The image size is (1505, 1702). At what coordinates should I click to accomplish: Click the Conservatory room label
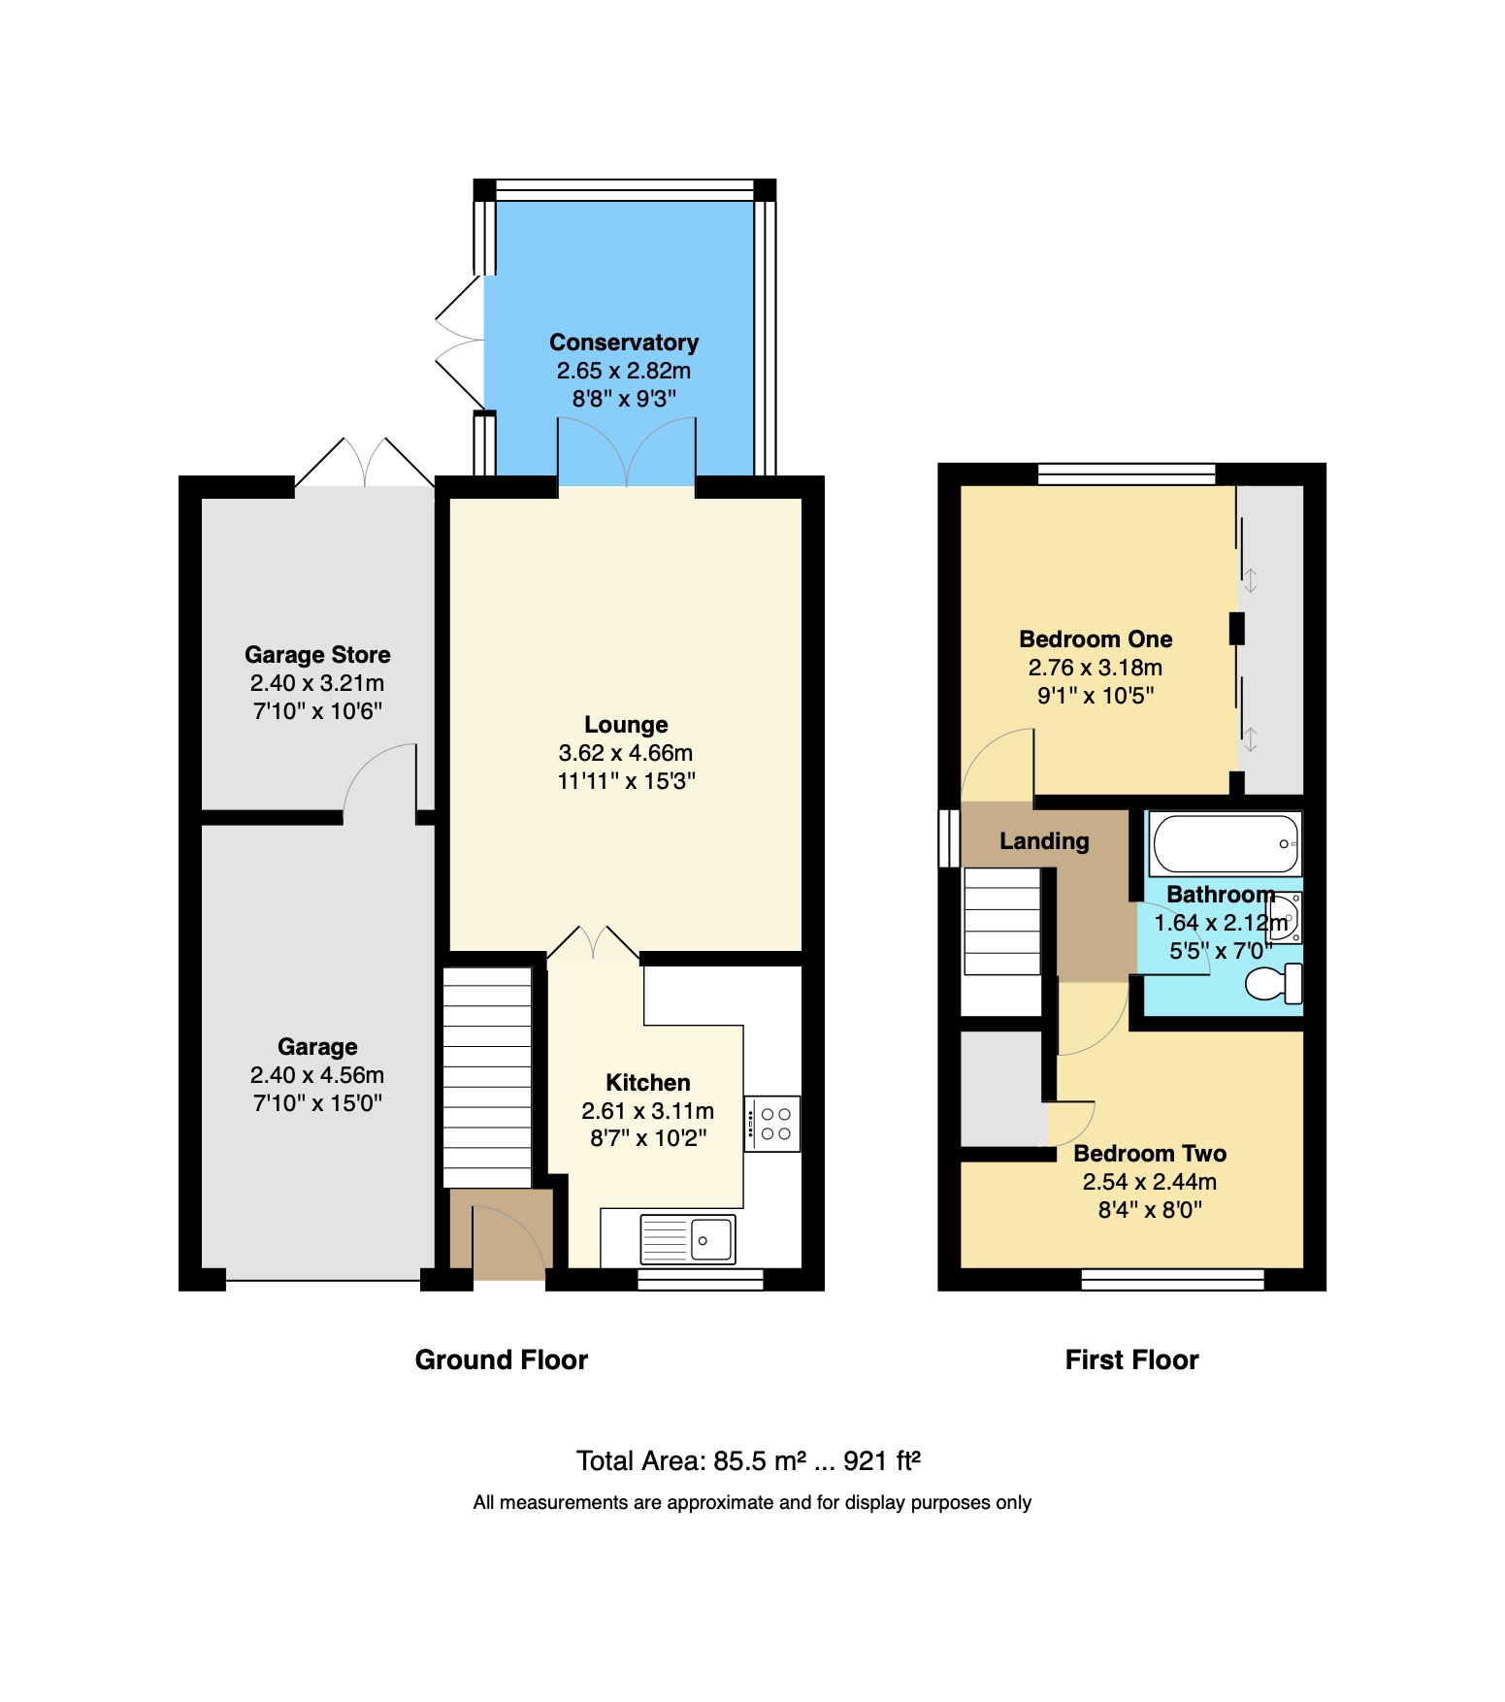pyautogui.click(x=624, y=343)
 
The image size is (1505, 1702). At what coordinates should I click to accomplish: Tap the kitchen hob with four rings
pyautogui.click(x=773, y=1124)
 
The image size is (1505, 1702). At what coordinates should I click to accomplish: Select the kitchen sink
pyautogui.click(x=688, y=1239)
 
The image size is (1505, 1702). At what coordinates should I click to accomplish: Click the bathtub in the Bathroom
pyautogui.click(x=1225, y=844)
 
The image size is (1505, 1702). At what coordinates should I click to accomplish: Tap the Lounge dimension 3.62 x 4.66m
pyautogui.click(x=626, y=753)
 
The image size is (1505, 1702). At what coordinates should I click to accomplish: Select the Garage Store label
pyautogui.click(x=317, y=655)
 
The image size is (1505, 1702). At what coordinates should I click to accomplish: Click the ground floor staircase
pyautogui.click(x=487, y=1077)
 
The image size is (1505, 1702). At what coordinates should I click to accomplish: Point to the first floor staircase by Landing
pyautogui.click(x=1001, y=921)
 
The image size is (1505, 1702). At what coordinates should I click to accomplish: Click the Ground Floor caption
pyautogui.click(x=501, y=1359)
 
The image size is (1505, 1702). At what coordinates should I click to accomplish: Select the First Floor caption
pyautogui.click(x=1131, y=1359)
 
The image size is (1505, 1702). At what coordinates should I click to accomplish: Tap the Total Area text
pyautogui.click(x=748, y=1460)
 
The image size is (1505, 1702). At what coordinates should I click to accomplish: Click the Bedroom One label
pyautogui.click(x=1096, y=639)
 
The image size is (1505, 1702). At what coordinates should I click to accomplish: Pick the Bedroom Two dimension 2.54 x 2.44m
pyautogui.click(x=1150, y=1182)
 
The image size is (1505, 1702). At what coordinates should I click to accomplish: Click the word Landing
pyautogui.click(x=1044, y=841)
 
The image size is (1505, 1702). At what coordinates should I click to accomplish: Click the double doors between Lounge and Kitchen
pyautogui.click(x=593, y=943)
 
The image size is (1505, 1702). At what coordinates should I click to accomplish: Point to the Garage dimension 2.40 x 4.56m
pyautogui.click(x=317, y=1075)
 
